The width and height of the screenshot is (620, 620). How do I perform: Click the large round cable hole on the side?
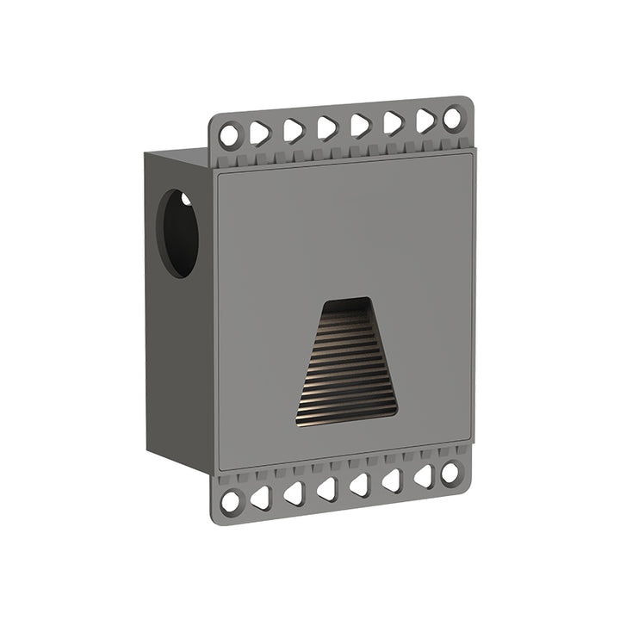click(x=177, y=233)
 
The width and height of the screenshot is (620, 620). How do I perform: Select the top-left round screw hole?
click(x=230, y=135)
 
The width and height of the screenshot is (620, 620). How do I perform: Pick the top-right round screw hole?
click(x=453, y=118)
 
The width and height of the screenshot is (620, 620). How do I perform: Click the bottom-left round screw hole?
click(x=230, y=501)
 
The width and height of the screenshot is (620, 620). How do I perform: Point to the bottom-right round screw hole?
click(x=450, y=473)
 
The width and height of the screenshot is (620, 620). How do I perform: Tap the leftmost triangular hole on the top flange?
click(x=260, y=133)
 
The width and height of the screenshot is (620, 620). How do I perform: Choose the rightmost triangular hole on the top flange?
click(x=425, y=121)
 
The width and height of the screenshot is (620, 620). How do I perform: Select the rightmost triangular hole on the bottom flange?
click(x=423, y=476)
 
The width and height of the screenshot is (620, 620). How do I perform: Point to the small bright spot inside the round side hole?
click(x=185, y=200)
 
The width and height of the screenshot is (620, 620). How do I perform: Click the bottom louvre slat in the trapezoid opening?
click(x=347, y=419)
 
